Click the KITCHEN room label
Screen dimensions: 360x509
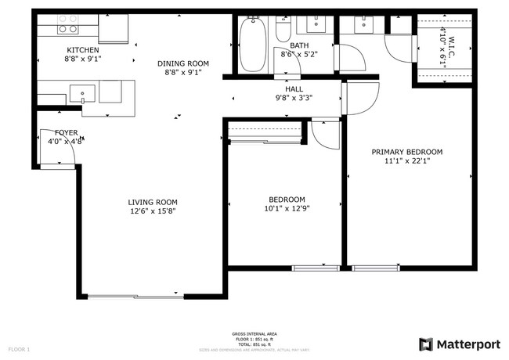click(83, 50)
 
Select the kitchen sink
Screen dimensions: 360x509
click(83, 94)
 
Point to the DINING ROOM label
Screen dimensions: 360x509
click(182, 63)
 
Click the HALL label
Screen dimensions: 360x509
click(294, 89)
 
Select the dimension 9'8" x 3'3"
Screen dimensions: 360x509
click(294, 99)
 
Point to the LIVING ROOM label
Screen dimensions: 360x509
click(153, 202)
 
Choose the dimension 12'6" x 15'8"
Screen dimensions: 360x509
click(153, 211)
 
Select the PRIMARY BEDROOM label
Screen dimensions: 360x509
click(407, 152)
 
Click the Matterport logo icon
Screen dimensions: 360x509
click(426, 344)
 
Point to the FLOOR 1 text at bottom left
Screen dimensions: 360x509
click(19, 348)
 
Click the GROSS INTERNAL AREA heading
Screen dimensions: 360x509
click(254, 334)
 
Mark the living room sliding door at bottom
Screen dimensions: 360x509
click(137, 297)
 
